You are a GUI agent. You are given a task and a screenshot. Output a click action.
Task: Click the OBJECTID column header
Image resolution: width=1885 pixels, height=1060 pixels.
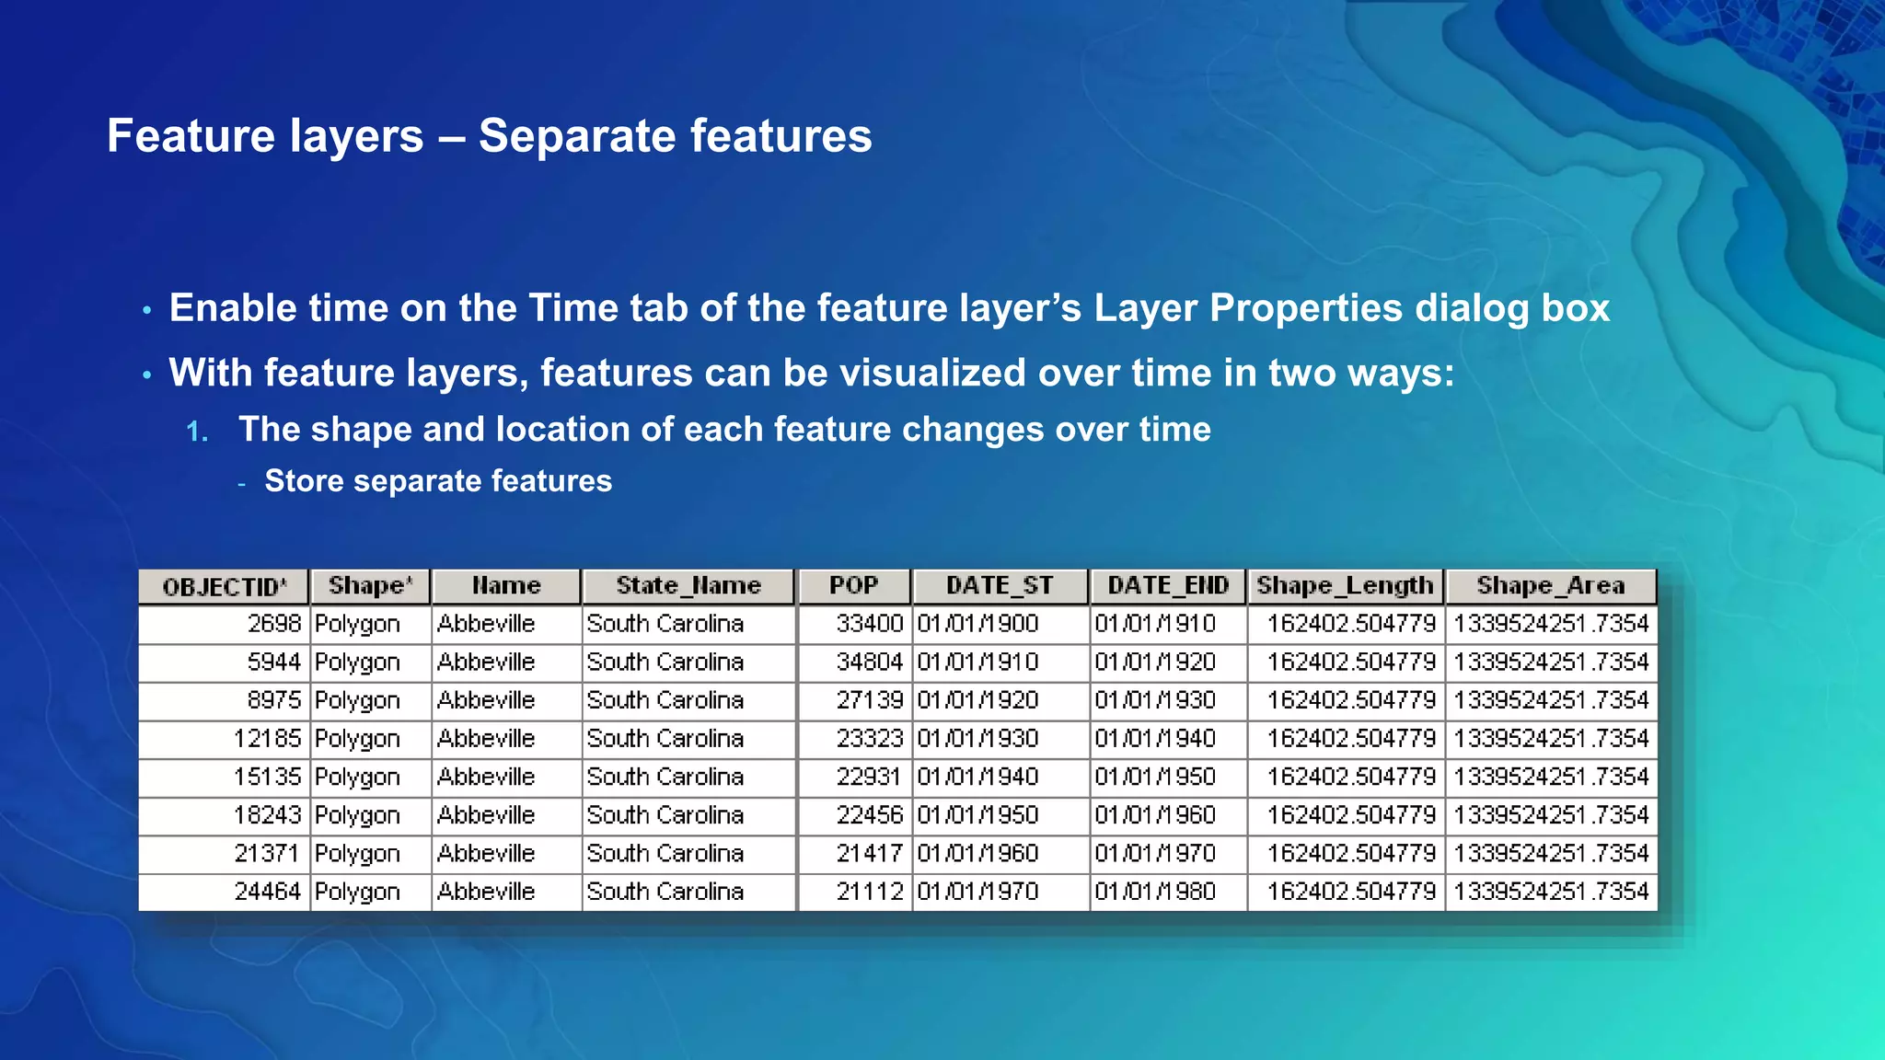click(x=224, y=587)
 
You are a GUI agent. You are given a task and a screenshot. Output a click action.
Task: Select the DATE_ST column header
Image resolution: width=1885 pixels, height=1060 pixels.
click(x=1000, y=586)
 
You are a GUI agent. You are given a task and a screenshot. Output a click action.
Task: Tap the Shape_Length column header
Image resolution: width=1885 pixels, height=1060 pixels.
click(x=1345, y=586)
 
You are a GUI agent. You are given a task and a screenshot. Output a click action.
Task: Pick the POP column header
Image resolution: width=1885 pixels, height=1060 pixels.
click(x=853, y=586)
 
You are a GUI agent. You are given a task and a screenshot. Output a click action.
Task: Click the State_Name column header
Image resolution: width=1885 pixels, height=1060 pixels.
click(x=688, y=586)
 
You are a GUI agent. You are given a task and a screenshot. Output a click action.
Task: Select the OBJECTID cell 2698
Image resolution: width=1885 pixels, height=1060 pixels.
click(x=274, y=624)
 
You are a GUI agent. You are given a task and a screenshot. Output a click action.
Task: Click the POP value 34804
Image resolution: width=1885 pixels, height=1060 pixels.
click(x=869, y=662)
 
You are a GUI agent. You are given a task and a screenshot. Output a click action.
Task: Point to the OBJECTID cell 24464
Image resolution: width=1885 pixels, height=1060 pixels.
click(x=267, y=892)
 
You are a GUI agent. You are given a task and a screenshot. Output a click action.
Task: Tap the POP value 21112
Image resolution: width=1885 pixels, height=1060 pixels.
click(x=869, y=892)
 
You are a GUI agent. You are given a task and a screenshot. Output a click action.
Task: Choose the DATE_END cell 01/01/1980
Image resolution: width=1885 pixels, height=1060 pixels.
click(x=1155, y=892)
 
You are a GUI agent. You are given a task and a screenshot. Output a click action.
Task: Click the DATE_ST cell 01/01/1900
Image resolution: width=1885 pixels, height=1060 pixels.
click(x=977, y=624)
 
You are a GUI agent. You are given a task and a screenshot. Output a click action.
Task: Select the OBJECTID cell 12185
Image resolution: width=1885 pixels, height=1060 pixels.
click(x=267, y=739)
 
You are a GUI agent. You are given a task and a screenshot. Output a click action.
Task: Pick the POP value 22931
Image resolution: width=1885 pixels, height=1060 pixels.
click(x=869, y=778)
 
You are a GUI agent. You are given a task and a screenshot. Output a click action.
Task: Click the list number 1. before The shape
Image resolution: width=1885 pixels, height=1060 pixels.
click(x=197, y=432)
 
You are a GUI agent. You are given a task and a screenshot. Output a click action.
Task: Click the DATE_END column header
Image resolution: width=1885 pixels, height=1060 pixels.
click(x=1168, y=586)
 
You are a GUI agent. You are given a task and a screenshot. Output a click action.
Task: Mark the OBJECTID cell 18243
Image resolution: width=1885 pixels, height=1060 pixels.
click(x=267, y=815)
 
